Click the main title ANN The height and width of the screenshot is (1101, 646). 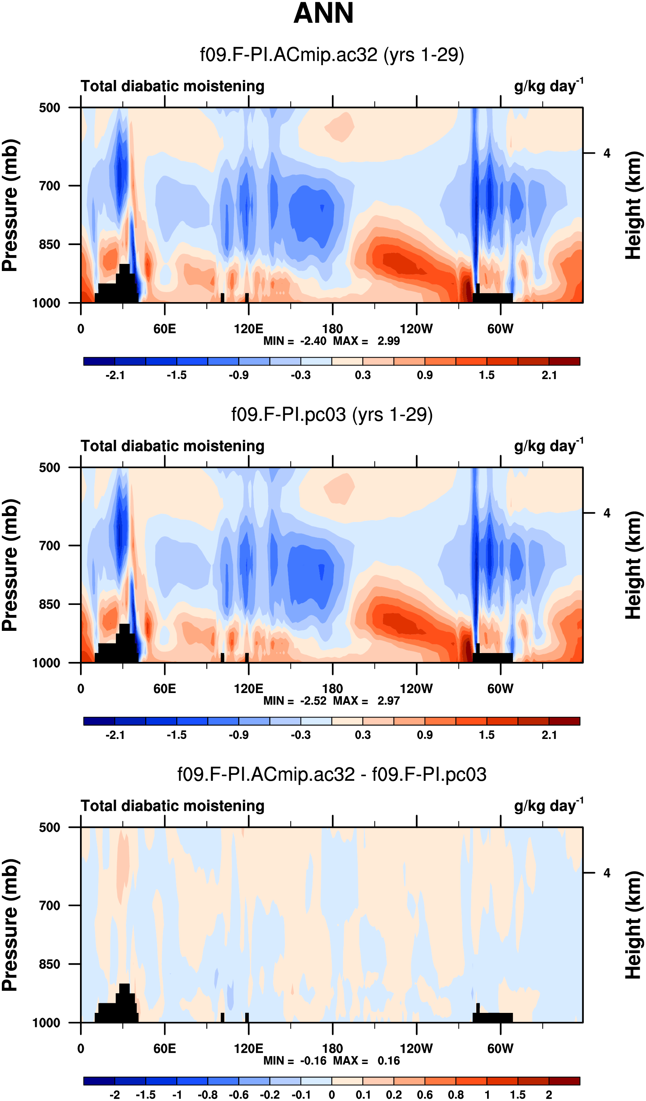point(323,13)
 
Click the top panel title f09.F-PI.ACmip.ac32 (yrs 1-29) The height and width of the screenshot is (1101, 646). point(332,55)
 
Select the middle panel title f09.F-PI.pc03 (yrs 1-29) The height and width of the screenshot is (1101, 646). point(332,415)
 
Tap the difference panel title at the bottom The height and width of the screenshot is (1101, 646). point(332,774)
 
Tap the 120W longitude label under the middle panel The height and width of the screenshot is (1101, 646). point(417,689)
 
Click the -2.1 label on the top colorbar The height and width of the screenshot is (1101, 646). point(115,375)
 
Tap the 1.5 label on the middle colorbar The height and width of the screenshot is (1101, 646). point(487,735)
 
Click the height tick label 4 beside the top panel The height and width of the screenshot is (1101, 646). point(607,153)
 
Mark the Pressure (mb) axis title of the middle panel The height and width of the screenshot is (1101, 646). point(10,565)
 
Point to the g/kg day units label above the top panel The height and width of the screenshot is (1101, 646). point(549,86)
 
